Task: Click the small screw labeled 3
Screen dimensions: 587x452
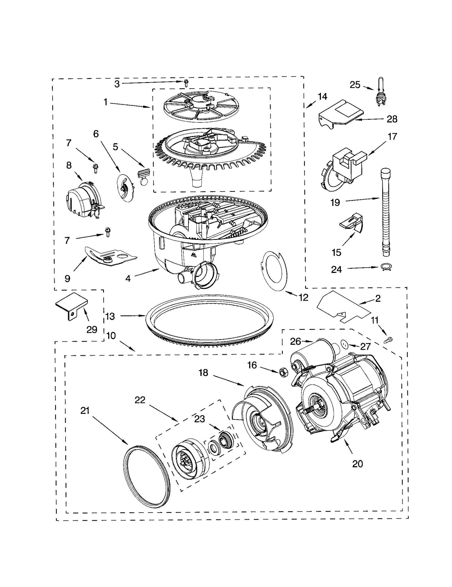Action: tap(186, 82)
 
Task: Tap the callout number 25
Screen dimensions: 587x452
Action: tap(355, 85)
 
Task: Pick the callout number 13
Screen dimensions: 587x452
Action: tap(110, 316)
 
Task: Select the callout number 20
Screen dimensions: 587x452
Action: tap(357, 464)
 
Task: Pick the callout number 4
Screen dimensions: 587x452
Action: tap(128, 279)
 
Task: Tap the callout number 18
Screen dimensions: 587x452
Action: tap(203, 373)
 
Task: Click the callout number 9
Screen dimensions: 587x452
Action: tap(67, 279)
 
